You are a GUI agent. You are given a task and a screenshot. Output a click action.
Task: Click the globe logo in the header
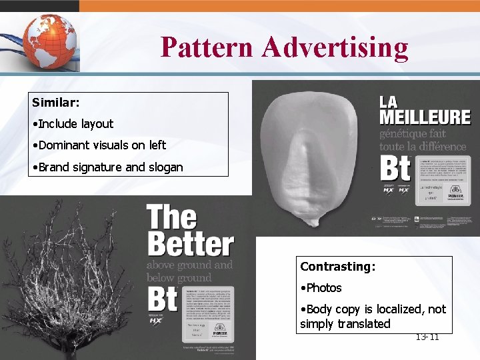pos(48,39)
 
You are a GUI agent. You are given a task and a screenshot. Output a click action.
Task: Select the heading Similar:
pos(56,103)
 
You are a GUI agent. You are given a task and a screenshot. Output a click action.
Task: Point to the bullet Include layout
pos(75,123)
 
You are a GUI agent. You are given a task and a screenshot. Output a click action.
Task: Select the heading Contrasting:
pos(338,267)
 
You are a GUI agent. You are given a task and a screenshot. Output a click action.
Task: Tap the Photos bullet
pos(323,288)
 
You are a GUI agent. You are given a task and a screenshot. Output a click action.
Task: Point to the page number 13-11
pos(427,337)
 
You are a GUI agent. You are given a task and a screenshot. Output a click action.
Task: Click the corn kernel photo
pos(311,157)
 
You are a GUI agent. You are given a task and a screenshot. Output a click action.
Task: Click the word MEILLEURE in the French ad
pos(425,117)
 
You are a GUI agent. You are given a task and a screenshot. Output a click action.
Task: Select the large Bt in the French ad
pos(395,167)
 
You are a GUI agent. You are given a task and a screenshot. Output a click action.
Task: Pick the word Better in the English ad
pos(190,245)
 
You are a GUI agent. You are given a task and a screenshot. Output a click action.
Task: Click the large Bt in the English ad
pos(162,299)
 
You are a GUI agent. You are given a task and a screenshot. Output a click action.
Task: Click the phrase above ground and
pos(189,265)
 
